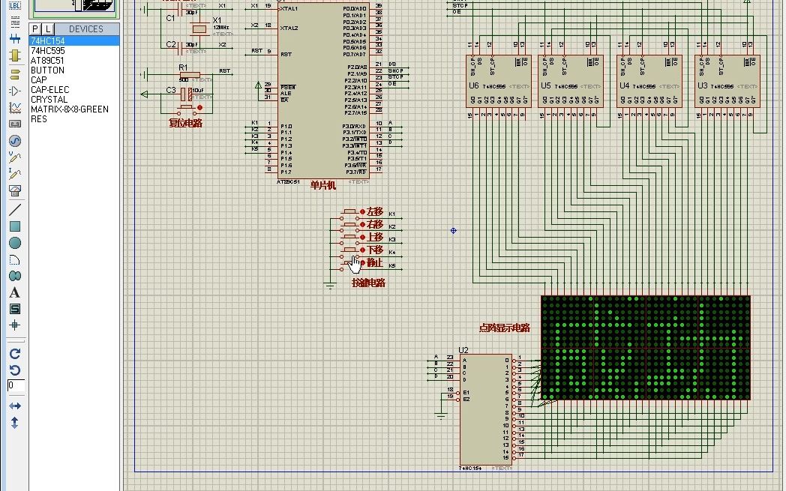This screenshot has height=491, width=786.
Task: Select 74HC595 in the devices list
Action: [47, 50]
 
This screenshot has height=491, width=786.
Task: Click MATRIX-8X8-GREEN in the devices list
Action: [69, 109]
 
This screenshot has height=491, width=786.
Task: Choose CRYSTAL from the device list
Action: [49, 99]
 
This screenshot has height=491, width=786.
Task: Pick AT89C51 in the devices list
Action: [47, 60]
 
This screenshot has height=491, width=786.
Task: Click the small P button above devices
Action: [34, 28]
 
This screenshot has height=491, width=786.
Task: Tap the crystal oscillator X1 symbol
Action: [199, 28]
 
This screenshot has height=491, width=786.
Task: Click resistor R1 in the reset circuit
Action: [190, 74]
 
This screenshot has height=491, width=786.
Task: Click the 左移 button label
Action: [374, 212]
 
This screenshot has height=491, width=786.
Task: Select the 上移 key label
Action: [374, 238]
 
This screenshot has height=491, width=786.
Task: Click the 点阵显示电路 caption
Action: [504, 328]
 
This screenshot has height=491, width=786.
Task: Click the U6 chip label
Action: [473, 85]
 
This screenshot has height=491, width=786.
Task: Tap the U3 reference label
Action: [702, 85]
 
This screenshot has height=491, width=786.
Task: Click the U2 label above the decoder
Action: [463, 350]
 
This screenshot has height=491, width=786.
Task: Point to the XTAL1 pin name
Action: [289, 8]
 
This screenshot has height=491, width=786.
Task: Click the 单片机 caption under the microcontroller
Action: [322, 186]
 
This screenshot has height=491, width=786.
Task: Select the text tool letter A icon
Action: [14, 292]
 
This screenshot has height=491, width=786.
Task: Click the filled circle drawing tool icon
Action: [14, 243]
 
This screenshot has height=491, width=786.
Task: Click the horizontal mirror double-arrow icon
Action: [14, 406]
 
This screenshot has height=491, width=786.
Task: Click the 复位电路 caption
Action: [185, 123]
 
